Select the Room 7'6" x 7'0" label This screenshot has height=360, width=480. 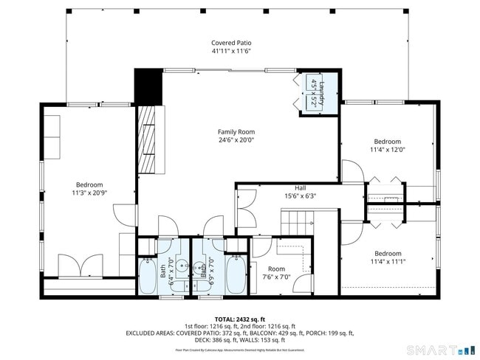click(276, 273)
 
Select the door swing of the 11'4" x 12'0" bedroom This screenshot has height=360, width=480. click(352, 173)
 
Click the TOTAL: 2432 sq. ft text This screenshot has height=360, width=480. click(240, 318)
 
